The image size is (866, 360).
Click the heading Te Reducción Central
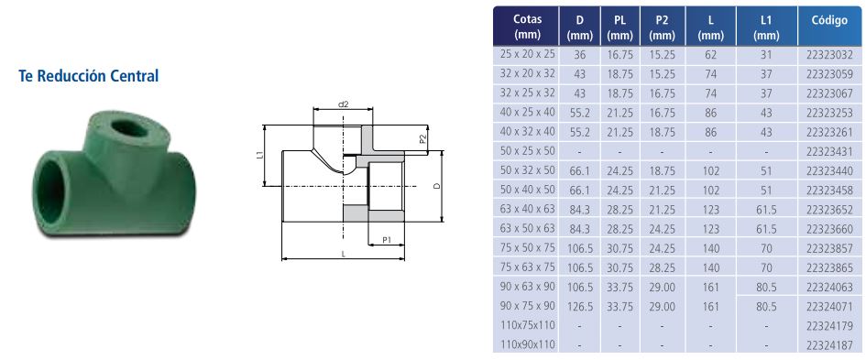tap(88, 76)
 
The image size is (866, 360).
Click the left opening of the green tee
tap(50, 189)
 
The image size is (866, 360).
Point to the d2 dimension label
tap(344, 104)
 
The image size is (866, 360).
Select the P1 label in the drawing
tap(387, 239)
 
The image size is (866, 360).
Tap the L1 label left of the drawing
tap(260, 157)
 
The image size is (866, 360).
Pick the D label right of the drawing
tap(436, 186)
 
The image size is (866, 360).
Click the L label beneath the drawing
tap(344, 254)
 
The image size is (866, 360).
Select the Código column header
tap(829, 21)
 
